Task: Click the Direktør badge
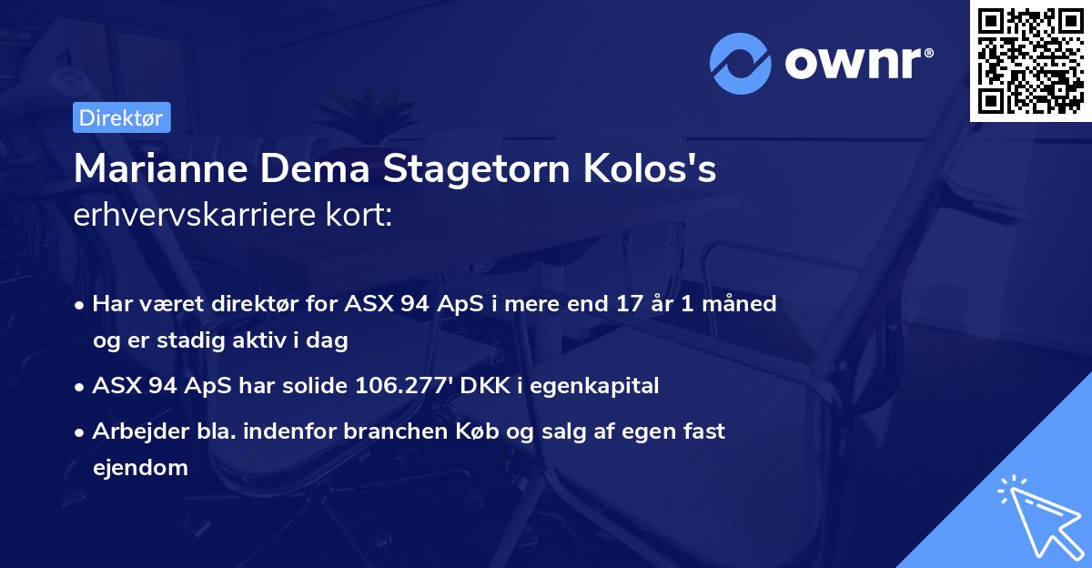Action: [120, 117]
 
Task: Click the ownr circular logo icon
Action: [740, 64]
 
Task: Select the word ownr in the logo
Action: [854, 64]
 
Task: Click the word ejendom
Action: [140, 468]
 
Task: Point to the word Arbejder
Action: [134, 431]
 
